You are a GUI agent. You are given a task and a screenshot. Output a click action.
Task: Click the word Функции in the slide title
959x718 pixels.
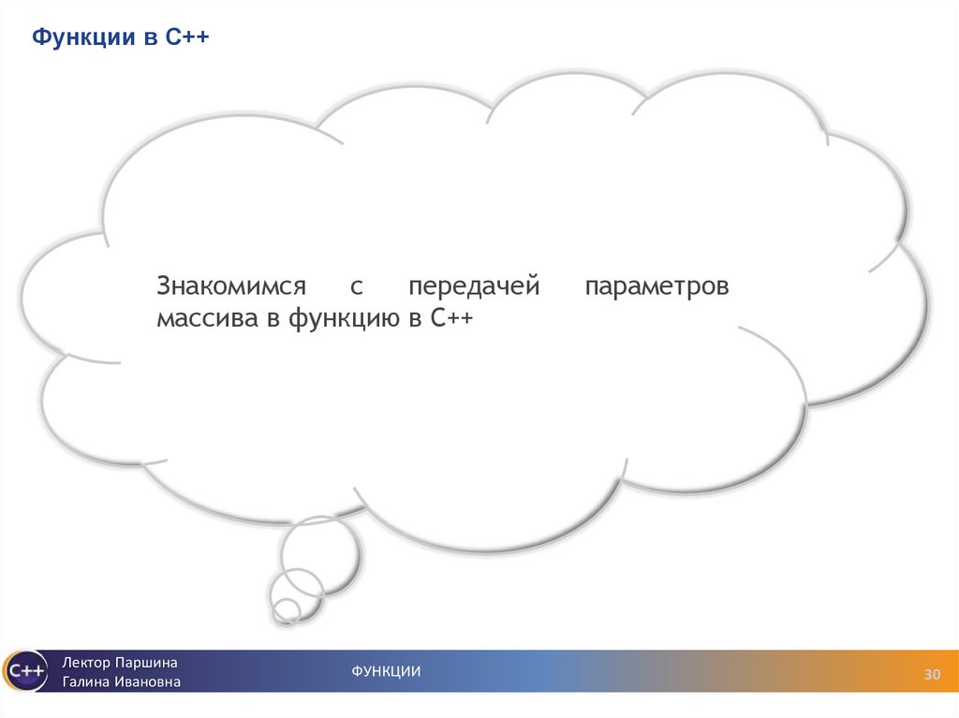pyautogui.click(x=80, y=38)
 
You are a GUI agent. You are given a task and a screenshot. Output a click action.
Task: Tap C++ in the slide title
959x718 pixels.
pyautogui.click(x=188, y=38)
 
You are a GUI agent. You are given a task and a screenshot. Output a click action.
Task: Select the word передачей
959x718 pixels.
pyautogui.click(x=474, y=286)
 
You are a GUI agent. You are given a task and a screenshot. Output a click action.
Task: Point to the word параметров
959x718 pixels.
pyautogui.click(x=657, y=286)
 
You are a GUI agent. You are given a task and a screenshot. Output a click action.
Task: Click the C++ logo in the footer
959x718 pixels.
pyautogui.click(x=25, y=671)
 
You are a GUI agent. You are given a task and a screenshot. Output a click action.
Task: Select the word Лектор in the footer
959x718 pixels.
pyautogui.click(x=86, y=662)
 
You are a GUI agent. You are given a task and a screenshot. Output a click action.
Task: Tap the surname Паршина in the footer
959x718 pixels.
pyautogui.click(x=146, y=662)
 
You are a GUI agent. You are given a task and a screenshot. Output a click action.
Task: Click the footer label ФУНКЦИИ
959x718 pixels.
pyautogui.click(x=386, y=671)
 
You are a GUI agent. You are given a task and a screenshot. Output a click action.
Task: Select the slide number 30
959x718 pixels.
pyautogui.click(x=932, y=675)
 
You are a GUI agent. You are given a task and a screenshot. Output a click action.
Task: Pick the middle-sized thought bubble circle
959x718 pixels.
pyautogui.click(x=294, y=591)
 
